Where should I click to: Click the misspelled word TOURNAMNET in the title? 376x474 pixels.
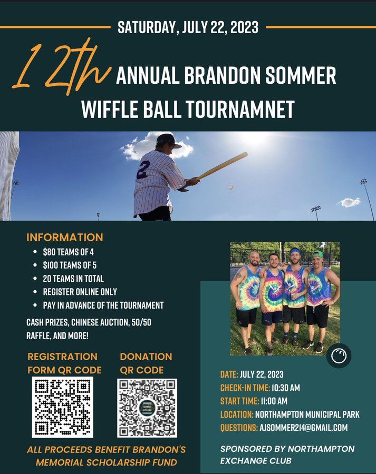pyautogui.click(x=240, y=109)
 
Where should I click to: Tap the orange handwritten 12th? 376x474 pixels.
pyautogui.click(x=61, y=66)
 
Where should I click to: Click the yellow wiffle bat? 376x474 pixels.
pyautogui.click(x=223, y=166)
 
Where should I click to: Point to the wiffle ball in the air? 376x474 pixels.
pyautogui.click(x=230, y=187)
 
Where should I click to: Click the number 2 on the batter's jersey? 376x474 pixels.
pyautogui.click(x=143, y=170)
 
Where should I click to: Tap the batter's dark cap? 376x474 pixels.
pyautogui.click(x=168, y=141)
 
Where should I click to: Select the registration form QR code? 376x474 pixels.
pyautogui.click(x=63, y=407)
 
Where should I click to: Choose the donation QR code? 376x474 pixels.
pyautogui.click(x=147, y=408)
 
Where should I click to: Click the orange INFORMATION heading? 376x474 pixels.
pyautogui.click(x=65, y=238)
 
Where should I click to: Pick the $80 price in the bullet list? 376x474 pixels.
pyautogui.click(x=49, y=252)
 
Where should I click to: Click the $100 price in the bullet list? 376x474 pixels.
pyautogui.click(x=50, y=265)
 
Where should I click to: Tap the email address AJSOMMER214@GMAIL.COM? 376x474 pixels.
pyautogui.click(x=304, y=428)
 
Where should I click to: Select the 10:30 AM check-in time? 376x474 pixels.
pyautogui.click(x=286, y=388)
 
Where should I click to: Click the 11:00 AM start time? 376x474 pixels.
pyautogui.click(x=274, y=401)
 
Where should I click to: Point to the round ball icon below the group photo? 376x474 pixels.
pyautogui.click(x=339, y=355)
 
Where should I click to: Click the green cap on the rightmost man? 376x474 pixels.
pyautogui.click(x=317, y=254)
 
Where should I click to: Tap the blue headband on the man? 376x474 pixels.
pyautogui.click(x=295, y=251)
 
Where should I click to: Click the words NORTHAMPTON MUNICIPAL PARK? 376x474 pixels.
pyautogui.click(x=307, y=414)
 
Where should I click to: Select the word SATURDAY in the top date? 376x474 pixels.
pyautogui.click(x=146, y=27)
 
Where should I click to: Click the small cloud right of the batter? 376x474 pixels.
pyautogui.click(x=349, y=202)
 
